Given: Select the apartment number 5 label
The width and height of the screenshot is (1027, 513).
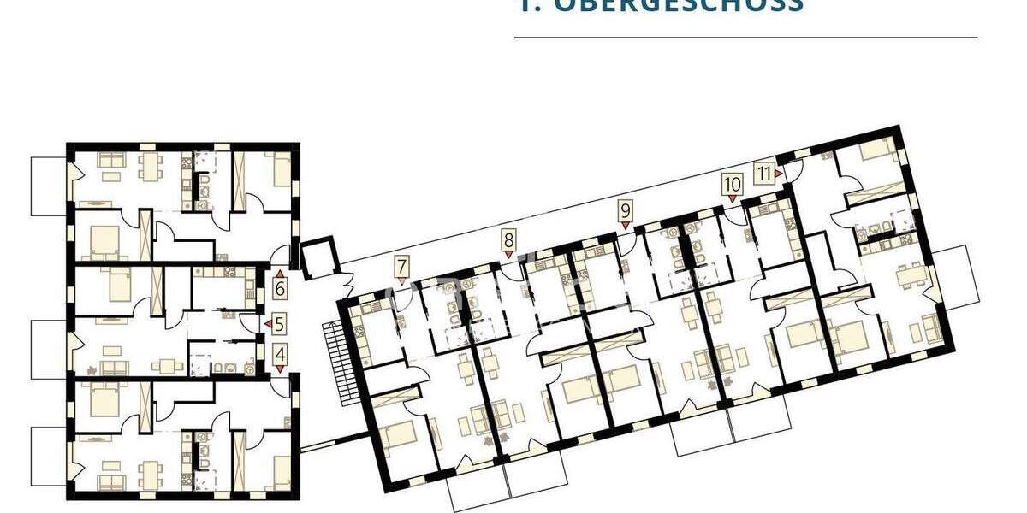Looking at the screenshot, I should (280, 324).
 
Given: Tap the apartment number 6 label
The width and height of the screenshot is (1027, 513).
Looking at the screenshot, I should (280, 288).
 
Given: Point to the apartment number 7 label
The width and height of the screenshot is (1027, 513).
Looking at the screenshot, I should (402, 266).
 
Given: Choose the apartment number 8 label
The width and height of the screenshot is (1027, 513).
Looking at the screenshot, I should (509, 239).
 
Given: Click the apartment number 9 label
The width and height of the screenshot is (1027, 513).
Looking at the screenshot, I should (625, 209).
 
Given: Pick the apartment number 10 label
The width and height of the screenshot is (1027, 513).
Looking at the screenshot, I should (732, 183).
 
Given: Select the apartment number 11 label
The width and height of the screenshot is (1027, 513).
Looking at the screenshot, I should (764, 173).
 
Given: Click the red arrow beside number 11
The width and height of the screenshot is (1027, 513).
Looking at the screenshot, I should (779, 174).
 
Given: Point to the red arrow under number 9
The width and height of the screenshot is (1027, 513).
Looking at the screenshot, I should (626, 225).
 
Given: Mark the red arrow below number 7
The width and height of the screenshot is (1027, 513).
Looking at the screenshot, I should (402, 280).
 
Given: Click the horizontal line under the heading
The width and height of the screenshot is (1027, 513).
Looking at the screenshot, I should (745, 38).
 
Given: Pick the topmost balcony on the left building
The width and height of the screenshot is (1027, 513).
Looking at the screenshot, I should (49, 186).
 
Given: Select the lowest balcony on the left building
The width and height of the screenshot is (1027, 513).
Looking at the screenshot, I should (49, 454).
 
